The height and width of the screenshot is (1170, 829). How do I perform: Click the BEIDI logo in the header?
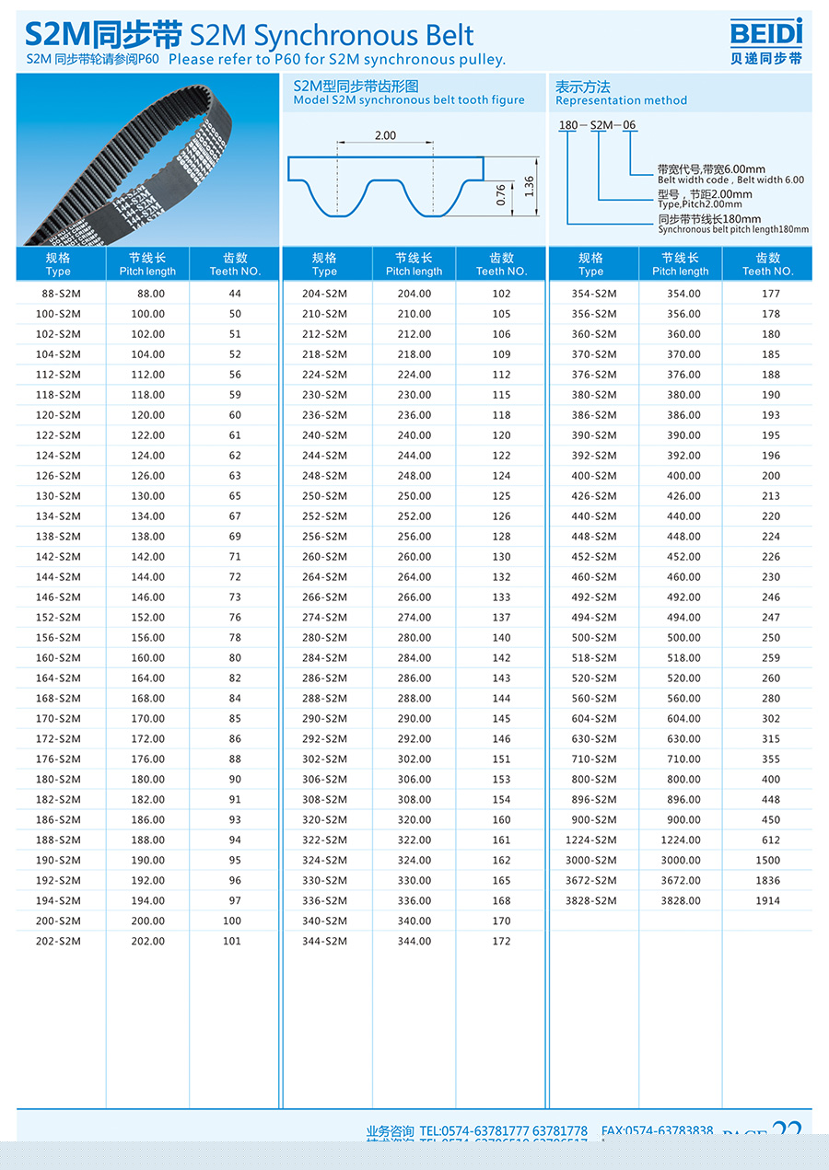click(765, 41)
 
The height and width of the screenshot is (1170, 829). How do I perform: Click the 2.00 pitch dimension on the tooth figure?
click(385, 135)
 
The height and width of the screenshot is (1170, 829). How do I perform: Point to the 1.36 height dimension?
click(529, 186)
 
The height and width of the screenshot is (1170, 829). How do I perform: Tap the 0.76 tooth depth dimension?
click(501, 195)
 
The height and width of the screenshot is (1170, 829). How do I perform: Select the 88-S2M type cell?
click(58, 294)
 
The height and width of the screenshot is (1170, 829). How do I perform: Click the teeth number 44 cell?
click(235, 294)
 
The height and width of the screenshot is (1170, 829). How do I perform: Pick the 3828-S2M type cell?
click(591, 900)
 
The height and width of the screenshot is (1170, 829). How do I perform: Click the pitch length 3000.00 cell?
click(681, 860)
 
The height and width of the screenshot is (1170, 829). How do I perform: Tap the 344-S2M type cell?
click(324, 941)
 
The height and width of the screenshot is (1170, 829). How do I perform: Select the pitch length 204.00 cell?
click(414, 294)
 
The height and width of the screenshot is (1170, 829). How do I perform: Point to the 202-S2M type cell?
click(58, 941)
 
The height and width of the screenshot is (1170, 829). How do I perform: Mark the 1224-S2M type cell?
click(591, 840)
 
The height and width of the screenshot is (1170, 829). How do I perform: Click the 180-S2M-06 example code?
click(598, 125)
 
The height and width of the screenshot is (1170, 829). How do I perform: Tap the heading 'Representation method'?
click(621, 100)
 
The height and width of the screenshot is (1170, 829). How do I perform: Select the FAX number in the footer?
click(657, 1130)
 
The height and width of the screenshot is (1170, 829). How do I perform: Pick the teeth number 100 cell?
click(232, 921)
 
